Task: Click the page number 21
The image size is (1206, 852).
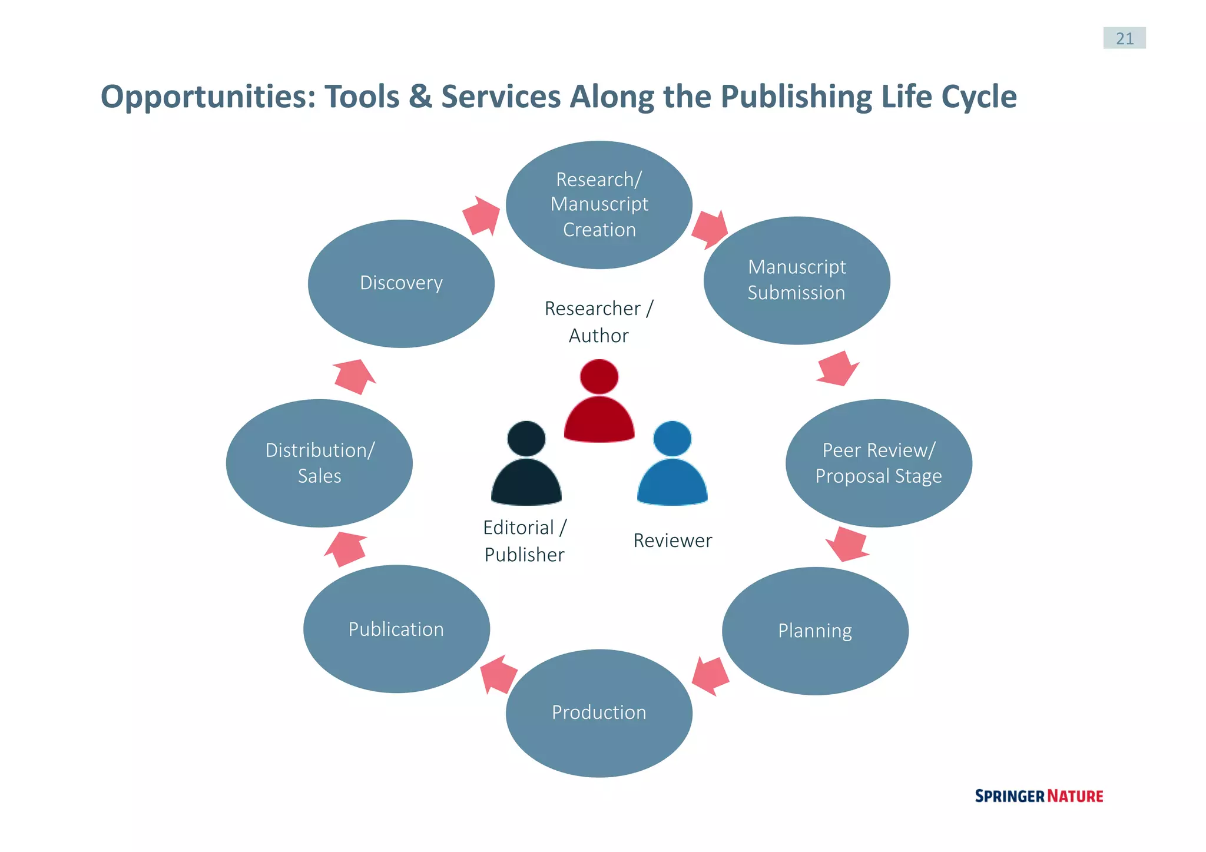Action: tap(1124, 38)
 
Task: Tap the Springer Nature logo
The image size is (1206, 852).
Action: tap(1039, 796)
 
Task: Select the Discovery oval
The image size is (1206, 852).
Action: tap(401, 283)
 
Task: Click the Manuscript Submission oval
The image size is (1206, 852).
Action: tap(797, 280)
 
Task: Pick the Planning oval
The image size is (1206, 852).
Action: tap(815, 631)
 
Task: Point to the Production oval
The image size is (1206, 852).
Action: tap(599, 712)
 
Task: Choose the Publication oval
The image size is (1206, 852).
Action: tap(396, 629)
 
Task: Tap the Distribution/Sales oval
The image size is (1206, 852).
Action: tap(319, 463)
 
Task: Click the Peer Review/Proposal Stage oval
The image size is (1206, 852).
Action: tap(879, 463)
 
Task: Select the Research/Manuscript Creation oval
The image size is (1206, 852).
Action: tap(599, 204)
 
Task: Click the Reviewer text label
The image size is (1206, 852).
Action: tap(672, 541)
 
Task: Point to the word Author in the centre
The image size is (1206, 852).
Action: tap(598, 336)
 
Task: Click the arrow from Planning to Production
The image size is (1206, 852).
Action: tap(711, 675)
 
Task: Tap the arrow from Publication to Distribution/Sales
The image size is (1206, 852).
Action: tap(346, 549)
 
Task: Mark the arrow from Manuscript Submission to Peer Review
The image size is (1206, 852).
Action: tap(837, 369)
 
